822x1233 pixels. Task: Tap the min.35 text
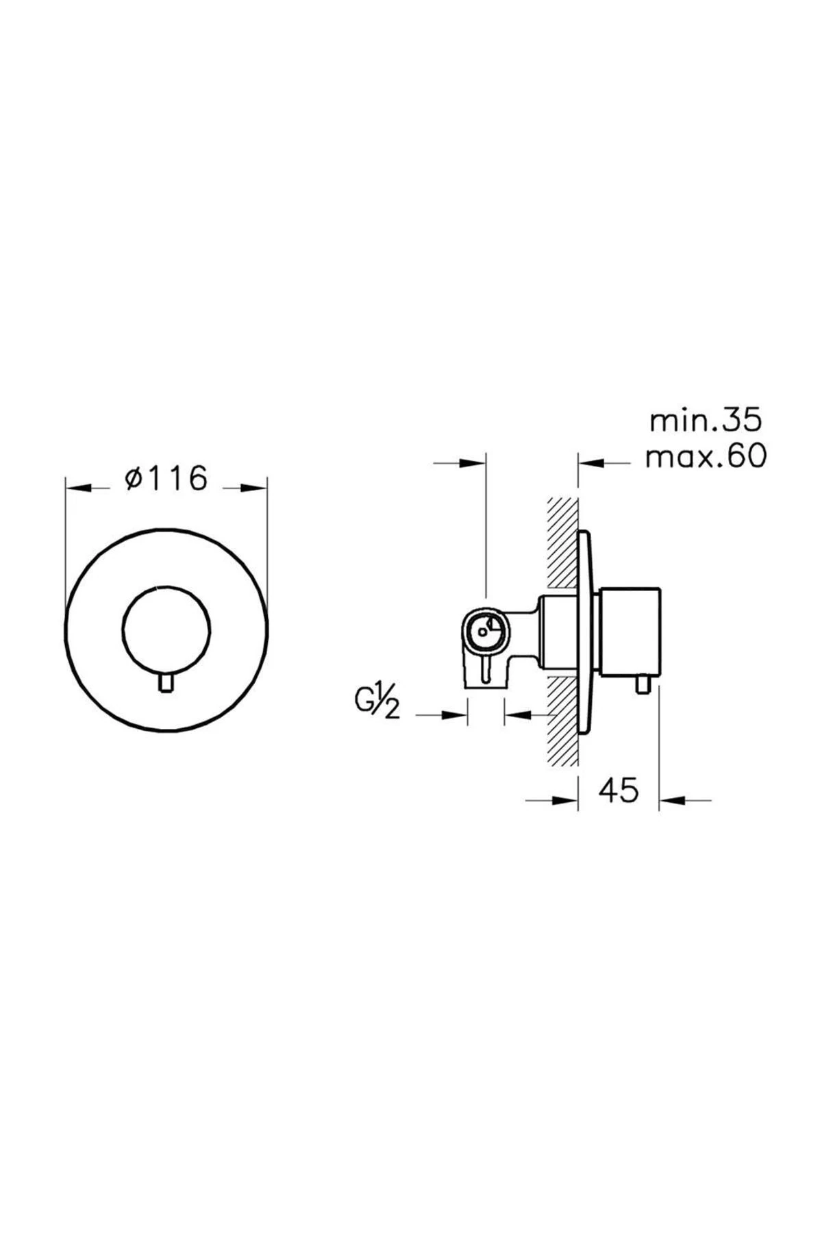pos(705,421)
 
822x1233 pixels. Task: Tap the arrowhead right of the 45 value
pos(673,799)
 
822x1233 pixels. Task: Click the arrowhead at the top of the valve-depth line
pos(473,464)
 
